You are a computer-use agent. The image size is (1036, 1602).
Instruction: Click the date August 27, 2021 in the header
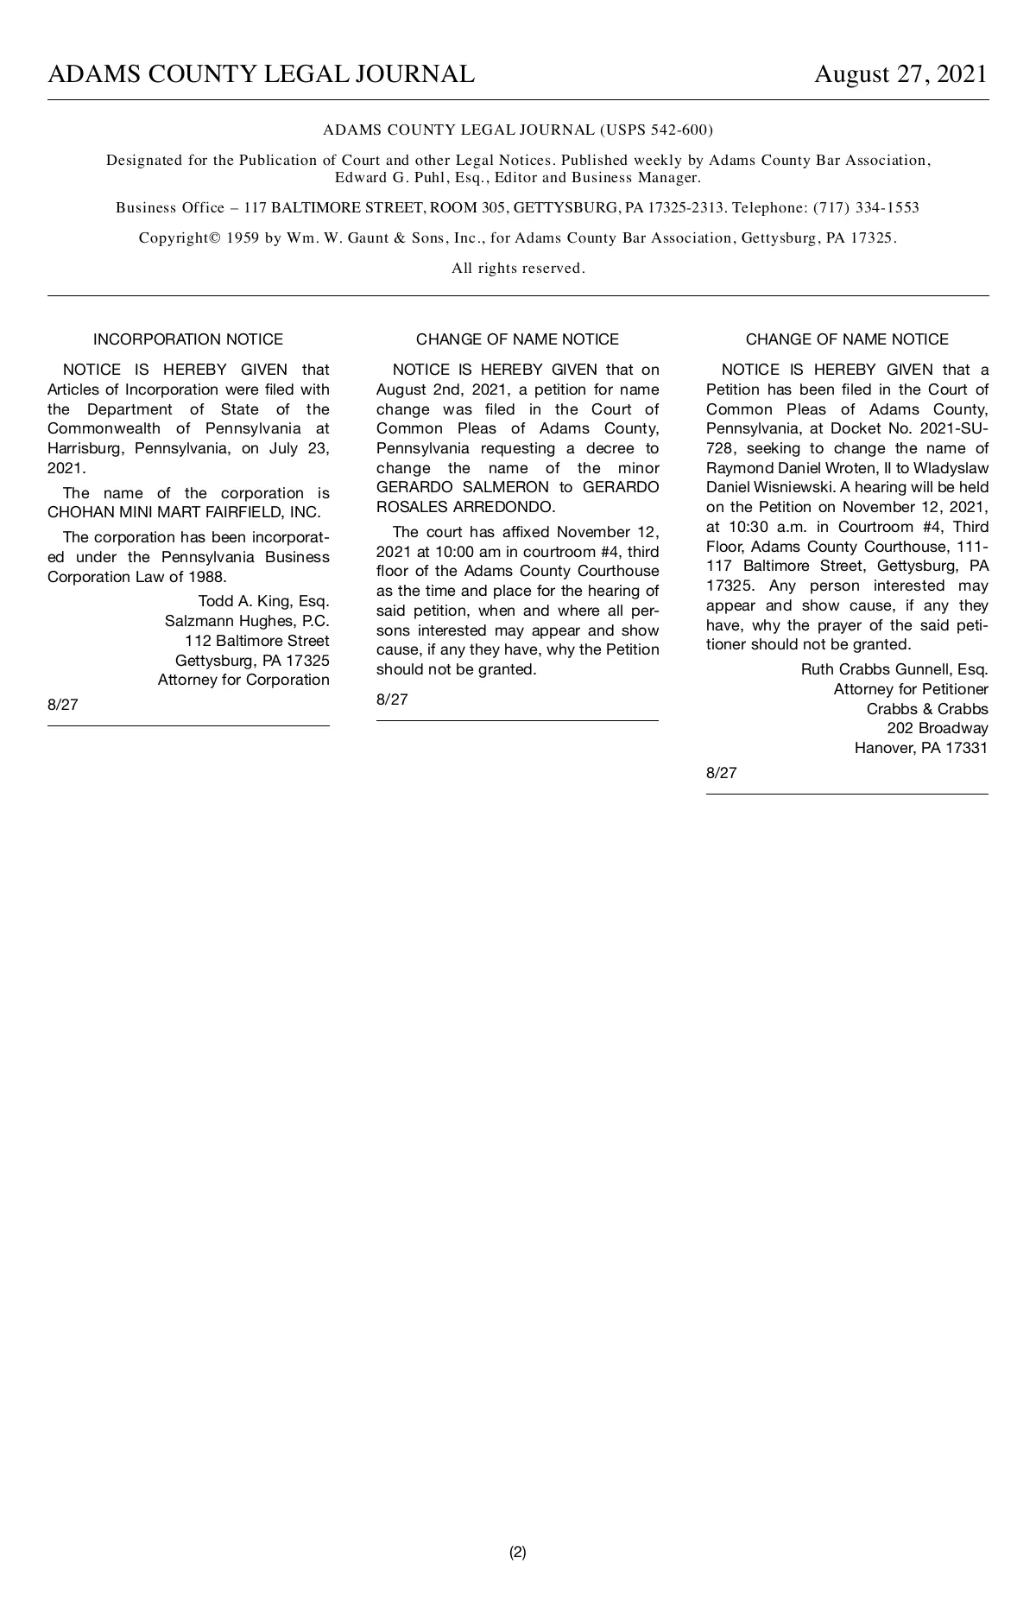(x=900, y=74)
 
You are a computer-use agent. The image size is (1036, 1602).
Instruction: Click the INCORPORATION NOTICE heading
(x=188, y=339)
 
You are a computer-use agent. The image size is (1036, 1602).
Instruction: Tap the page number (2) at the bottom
(x=517, y=1552)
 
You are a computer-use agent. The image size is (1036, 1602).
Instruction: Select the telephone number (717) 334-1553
(x=866, y=207)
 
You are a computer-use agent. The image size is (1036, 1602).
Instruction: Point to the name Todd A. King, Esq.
(x=263, y=601)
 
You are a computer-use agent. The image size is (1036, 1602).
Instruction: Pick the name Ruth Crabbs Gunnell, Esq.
(x=894, y=668)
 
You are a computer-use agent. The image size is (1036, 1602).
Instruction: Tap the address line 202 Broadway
(x=938, y=728)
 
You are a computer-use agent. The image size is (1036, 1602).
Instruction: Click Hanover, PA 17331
(x=921, y=748)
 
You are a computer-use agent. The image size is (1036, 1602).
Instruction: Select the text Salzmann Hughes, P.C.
(x=247, y=621)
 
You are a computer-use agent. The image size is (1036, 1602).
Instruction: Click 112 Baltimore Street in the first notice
(x=256, y=641)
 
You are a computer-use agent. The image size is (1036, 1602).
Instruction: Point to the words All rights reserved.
(x=518, y=268)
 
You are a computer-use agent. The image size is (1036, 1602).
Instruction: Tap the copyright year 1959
(x=243, y=237)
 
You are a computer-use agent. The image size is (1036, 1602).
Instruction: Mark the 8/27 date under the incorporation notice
(x=63, y=705)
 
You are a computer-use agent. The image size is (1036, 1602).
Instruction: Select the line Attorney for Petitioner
(x=911, y=689)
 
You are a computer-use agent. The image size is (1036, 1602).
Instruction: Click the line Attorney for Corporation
(x=243, y=680)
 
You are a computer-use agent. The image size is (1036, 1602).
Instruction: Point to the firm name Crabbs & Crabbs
(x=927, y=709)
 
